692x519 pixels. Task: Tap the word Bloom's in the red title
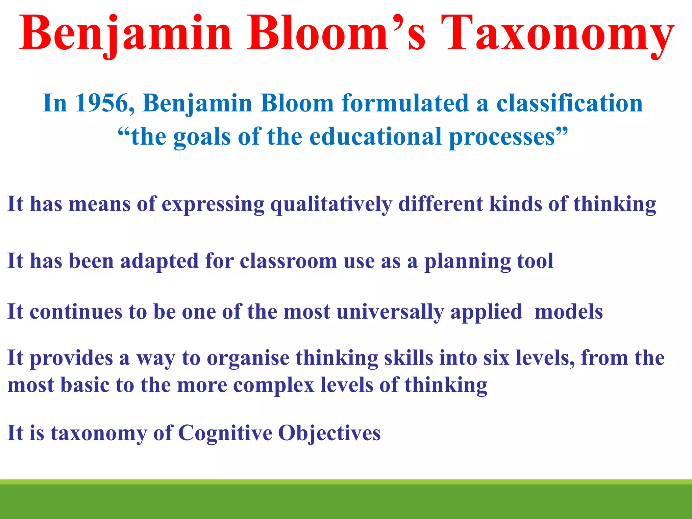pos(336,34)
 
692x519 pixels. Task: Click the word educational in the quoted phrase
pos(376,137)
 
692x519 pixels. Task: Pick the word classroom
pos(288,261)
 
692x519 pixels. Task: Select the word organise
pos(248,358)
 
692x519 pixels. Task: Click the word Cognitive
pos(225,433)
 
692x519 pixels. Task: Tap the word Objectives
pos(329,433)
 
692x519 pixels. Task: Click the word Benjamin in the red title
pos(125,34)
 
